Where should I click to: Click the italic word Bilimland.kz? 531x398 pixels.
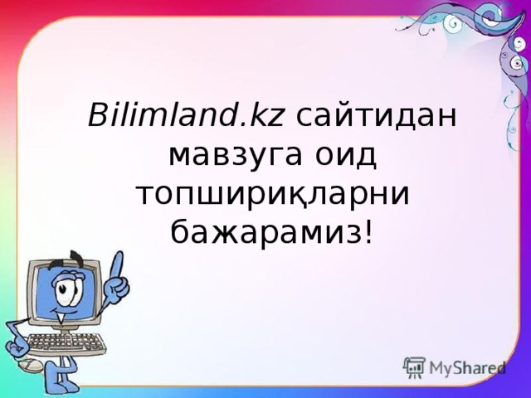pos(187,116)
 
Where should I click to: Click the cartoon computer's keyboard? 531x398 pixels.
pos(66,342)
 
